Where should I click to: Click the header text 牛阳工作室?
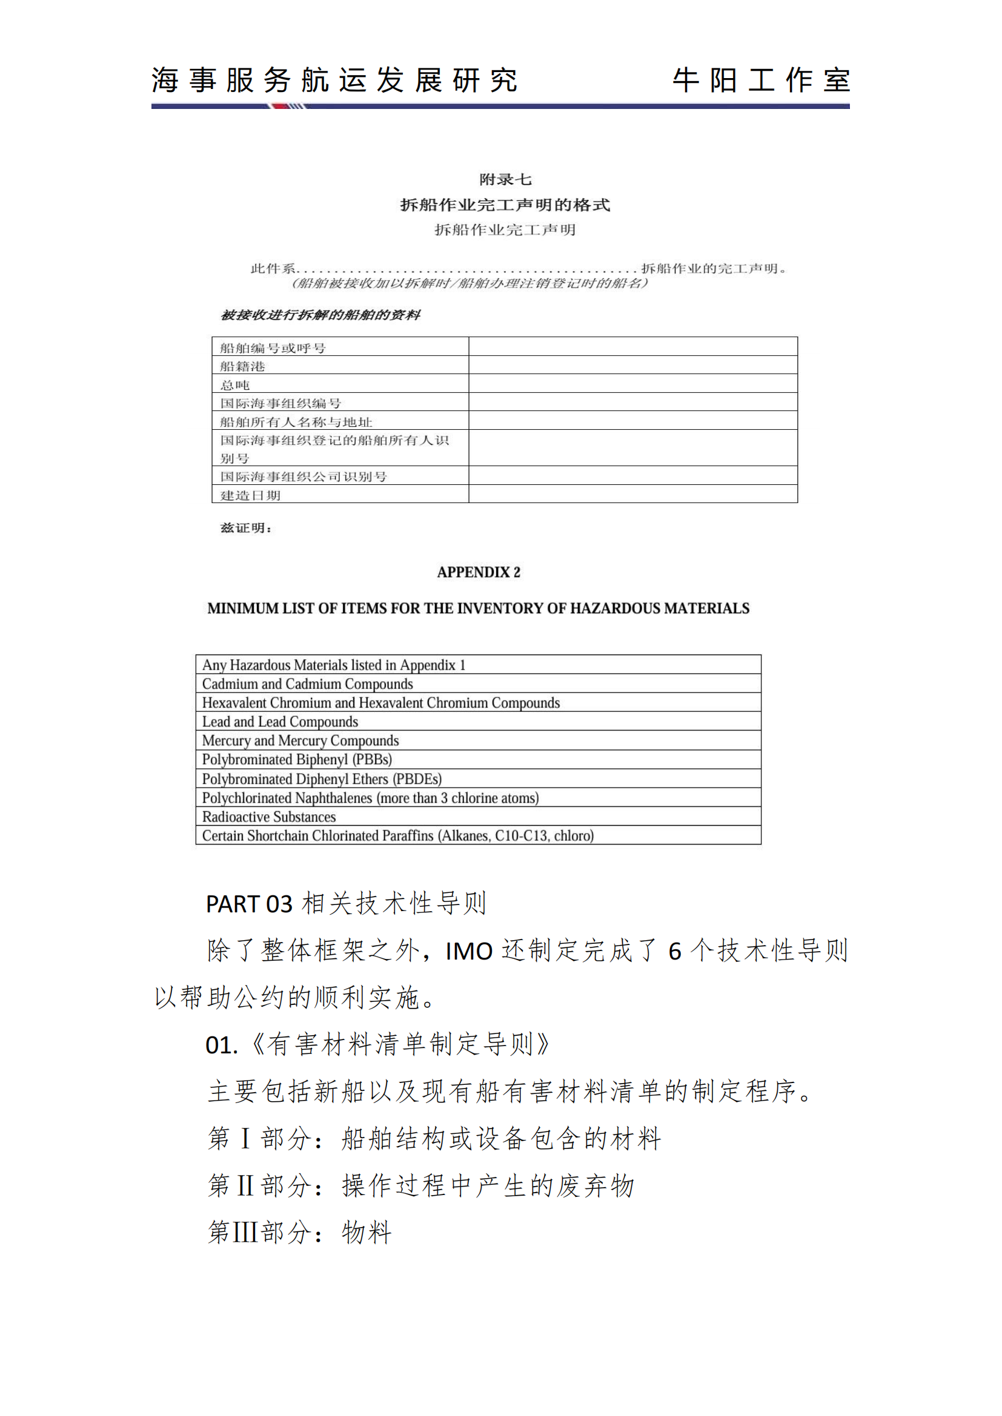coord(761,81)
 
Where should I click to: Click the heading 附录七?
coord(505,179)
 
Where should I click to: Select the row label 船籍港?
coord(242,366)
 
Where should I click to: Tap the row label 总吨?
coord(235,385)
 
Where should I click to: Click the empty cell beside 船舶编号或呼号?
coord(632,347)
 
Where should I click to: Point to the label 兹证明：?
coord(245,528)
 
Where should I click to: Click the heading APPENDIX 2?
coord(478,572)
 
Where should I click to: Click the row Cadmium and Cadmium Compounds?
coord(307,684)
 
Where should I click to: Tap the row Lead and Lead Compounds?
coord(280,722)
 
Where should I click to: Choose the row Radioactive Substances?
coord(269,817)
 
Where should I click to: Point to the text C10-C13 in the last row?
coord(521,835)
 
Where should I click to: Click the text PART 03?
coord(248,904)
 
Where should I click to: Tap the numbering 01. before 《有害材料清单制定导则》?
coord(222,1046)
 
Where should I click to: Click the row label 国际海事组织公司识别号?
coord(304,476)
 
